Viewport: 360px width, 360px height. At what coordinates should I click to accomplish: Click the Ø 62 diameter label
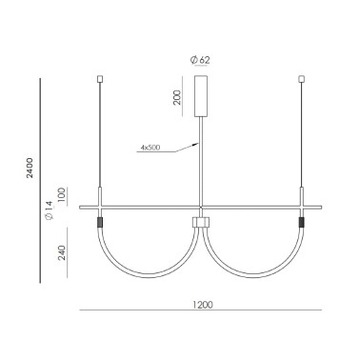pos(201,58)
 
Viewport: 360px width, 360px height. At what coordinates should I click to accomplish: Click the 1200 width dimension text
pos(201,305)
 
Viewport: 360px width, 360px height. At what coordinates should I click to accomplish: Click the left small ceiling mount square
pos(100,77)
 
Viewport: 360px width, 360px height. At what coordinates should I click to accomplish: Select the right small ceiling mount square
pos(302,77)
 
